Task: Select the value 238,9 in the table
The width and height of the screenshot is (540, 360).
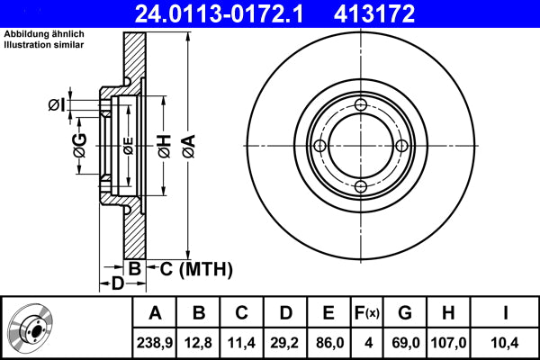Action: tap(155, 341)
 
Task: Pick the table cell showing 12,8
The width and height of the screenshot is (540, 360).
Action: tap(199, 341)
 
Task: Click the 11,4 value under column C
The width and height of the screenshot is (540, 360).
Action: tap(242, 341)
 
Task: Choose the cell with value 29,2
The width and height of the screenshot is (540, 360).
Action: tap(285, 341)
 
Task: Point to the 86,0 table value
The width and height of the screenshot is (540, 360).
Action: tap(328, 341)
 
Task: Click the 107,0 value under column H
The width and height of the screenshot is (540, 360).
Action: tap(447, 341)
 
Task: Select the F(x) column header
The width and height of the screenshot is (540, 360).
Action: tap(366, 313)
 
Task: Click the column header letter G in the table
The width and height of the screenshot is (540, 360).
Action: tap(405, 313)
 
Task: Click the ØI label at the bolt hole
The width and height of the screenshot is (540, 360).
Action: tap(56, 105)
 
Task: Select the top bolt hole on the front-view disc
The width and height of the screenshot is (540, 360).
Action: tap(360, 106)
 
